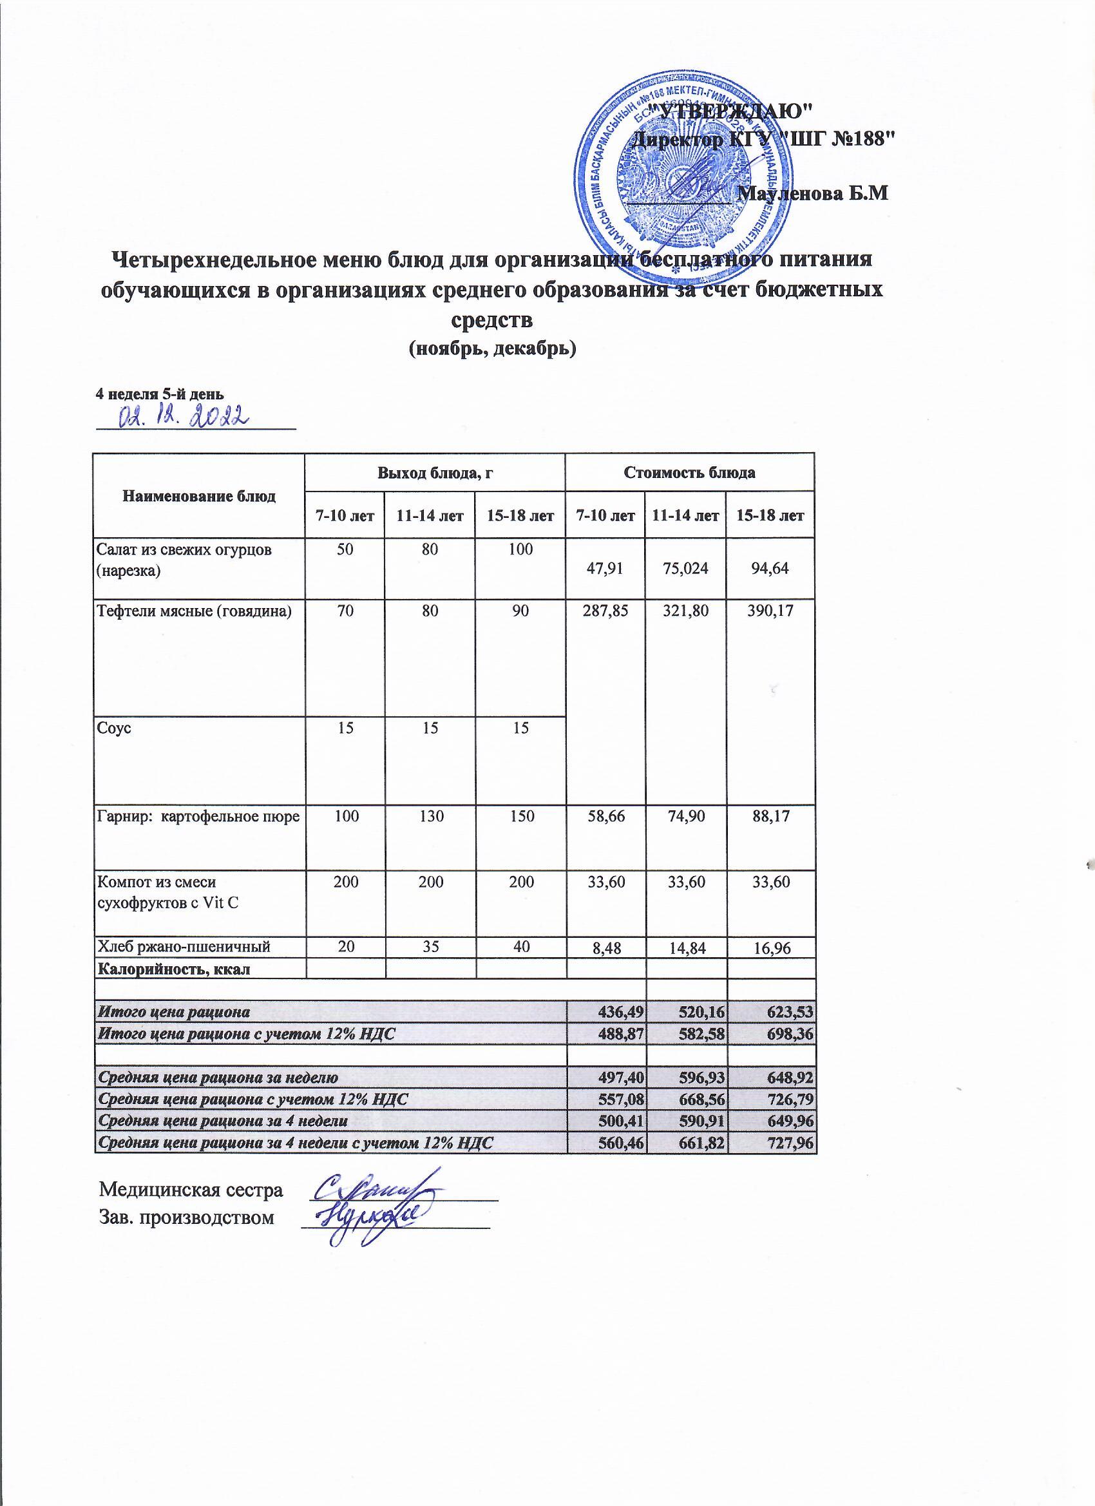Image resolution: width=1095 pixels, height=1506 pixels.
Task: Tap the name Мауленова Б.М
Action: tap(814, 194)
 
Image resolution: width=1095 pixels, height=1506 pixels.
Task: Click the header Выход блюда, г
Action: tap(434, 473)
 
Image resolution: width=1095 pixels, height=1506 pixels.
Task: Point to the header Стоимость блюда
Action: tap(689, 473)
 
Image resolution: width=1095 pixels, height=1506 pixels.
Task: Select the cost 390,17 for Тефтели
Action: tap(770, 611)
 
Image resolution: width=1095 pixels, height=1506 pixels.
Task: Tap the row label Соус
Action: tap(113, 727)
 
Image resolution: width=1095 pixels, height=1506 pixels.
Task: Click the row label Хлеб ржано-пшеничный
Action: tap(184, 946)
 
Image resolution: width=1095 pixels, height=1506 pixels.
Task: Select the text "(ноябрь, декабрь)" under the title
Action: tap(491, 347)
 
